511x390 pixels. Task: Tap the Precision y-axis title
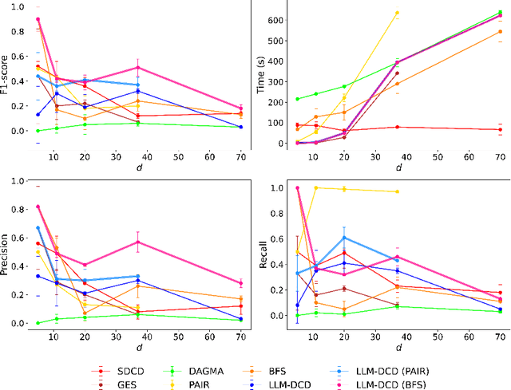tap(7, 254)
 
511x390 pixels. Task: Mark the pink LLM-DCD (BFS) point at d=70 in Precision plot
tap(240, 283)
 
